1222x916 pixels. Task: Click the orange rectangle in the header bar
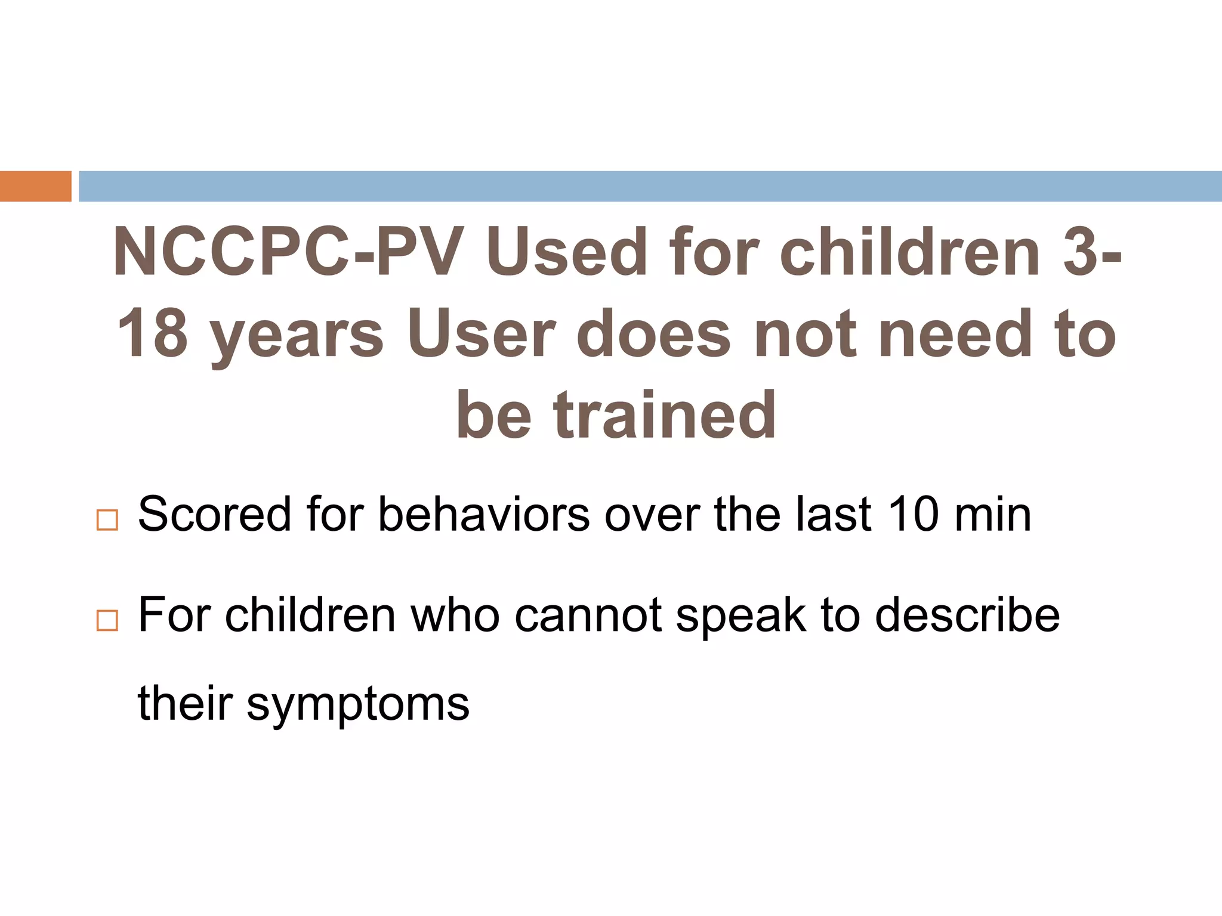pos(35,186)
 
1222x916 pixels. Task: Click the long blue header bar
pos(650,186)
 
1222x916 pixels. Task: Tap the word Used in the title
pos(566,252)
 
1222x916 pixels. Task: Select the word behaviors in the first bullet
pos(484,515)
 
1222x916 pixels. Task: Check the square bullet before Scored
pos(107,521)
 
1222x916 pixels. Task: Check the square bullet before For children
pos(107,621)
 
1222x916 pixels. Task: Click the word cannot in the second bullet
pos(588,615)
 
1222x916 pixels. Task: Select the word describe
pos(967,615)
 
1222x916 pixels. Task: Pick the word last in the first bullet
pos(834,515)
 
